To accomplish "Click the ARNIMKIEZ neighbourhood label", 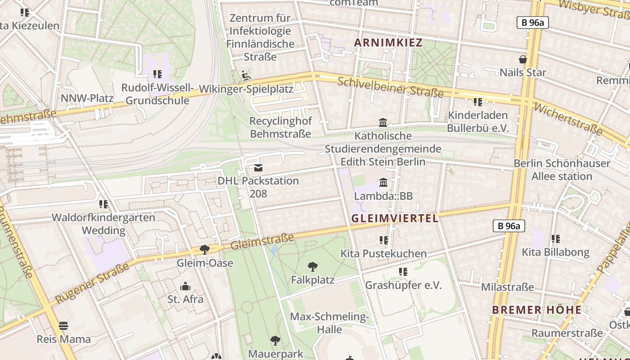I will point(388,43).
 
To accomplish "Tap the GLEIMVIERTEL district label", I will point(395,218).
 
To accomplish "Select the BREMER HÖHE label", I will point(536,310).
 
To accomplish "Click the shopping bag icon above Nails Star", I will point(523,59).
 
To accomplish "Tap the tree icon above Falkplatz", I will point(312,267).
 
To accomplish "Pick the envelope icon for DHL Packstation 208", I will point(258,168).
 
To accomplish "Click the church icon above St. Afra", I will point(185,286).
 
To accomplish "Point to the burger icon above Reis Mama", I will point(63,326).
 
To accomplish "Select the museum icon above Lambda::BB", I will point(383,182).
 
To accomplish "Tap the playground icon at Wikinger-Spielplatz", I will point(246,76).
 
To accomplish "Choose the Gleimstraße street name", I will point(262,241).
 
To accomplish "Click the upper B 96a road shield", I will point(532,22).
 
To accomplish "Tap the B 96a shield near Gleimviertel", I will point(509,226).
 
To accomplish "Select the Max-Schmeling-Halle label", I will point(329,323).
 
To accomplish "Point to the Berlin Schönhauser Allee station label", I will point(562,170).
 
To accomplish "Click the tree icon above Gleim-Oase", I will point(205,250).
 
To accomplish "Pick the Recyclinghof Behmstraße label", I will point(280,127).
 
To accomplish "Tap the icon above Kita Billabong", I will point(556,239).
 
